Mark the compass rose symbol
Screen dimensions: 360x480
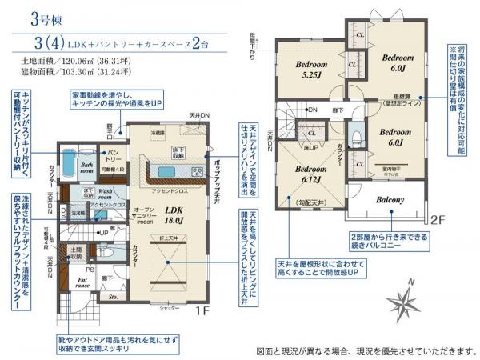click(x=406, y=301)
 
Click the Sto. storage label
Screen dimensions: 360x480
click(x=113, y=296)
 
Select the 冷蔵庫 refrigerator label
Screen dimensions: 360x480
click(x=158, y=132)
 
